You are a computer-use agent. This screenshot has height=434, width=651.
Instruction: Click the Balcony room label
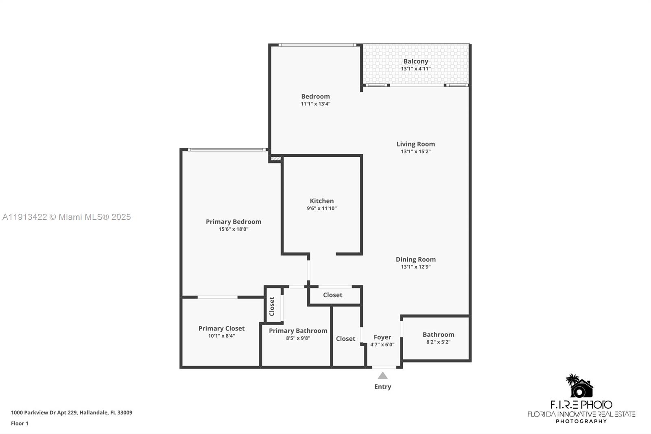coord(415,61)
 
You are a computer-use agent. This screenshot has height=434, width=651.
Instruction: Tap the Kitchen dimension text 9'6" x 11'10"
coord(321,208)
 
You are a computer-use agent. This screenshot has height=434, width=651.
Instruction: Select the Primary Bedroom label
coord(233,222)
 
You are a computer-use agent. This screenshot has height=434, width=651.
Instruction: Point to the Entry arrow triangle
coord(382,375)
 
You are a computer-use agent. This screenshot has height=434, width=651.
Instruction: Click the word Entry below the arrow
coord(382,387)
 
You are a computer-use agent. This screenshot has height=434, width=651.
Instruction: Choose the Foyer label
coord(382,337)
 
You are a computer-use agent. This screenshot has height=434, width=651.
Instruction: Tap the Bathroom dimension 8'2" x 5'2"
coord(438,342)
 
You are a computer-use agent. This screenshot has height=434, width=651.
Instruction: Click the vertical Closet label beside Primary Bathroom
coord(272,306)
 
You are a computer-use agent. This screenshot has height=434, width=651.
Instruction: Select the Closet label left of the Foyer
coord(345,339)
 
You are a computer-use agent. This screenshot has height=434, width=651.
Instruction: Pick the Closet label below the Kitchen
coord(332,295)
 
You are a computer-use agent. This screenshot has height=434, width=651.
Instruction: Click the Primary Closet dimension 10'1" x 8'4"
coord(221,336)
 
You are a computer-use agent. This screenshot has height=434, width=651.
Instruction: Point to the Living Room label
coord(415,144)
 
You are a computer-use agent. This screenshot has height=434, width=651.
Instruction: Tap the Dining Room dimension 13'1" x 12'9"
coord(415,267)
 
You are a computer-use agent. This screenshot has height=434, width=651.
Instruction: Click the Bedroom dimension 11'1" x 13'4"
coord(315,104)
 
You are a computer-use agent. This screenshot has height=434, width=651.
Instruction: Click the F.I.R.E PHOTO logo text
coord(581,405)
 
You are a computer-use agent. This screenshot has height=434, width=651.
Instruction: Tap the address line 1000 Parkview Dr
coord(72,412)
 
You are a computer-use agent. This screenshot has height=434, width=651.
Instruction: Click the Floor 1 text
coord(20,423)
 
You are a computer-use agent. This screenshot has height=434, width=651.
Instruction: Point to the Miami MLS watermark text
coord(66,217)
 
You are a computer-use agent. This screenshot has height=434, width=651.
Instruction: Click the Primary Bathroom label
coord(298,331)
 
